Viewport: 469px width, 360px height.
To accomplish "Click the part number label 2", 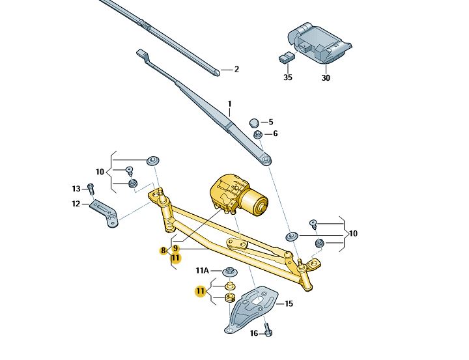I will (236, 70).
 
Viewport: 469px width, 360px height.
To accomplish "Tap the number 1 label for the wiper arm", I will (229, 104).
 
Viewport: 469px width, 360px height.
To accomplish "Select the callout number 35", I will (287, 77).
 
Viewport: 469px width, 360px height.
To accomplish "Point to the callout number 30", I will (326, 77).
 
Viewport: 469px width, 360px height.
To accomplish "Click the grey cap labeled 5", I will (255, 122).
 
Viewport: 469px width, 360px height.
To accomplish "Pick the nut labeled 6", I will (257, 134).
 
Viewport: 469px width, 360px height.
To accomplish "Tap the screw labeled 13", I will (91, 189).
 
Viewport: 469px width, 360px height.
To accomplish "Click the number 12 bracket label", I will (76, 204).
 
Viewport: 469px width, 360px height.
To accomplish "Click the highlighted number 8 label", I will (163, 251).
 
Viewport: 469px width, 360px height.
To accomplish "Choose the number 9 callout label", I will (175, 248).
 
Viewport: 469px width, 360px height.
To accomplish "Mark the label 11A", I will (202, 271).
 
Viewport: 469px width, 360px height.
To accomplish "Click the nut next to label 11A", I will (229, 271).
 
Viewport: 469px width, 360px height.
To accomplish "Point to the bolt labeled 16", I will (268, 332).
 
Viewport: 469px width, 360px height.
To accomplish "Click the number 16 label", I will (255, 333).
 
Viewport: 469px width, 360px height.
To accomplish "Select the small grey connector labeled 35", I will (285, 57).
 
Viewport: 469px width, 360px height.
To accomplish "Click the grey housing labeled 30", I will (320, 42).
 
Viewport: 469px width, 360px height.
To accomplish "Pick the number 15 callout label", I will (289, 304).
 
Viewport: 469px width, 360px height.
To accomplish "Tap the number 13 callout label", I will (76, 189).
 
